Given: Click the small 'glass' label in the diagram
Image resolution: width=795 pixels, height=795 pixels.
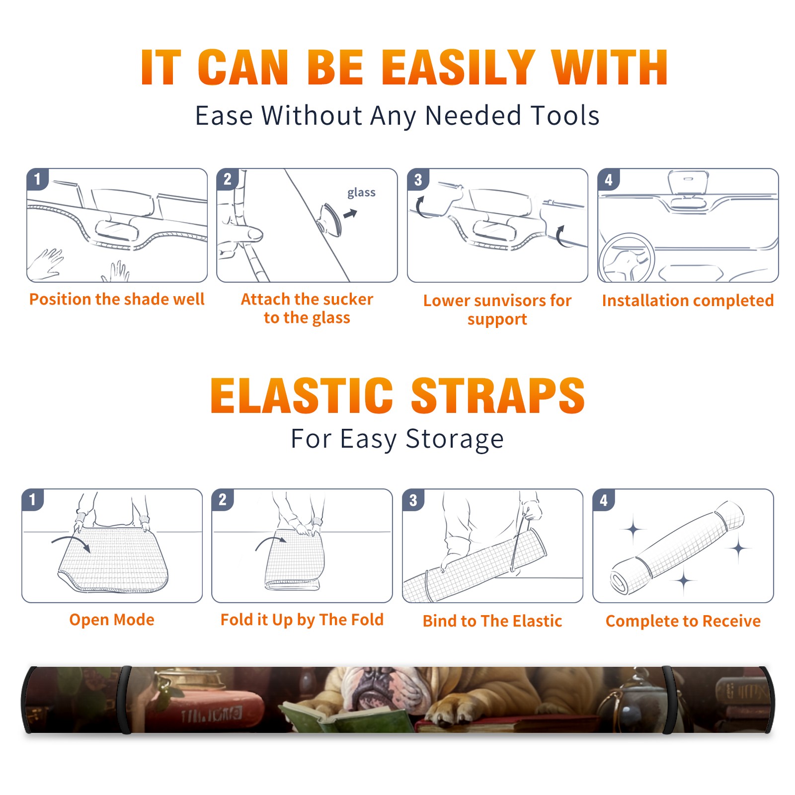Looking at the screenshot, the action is click(x=361, y=193).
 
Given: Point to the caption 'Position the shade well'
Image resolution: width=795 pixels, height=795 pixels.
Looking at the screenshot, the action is click(x=117, y=299).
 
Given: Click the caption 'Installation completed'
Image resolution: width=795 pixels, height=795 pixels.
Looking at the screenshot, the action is click(x=688, y=301).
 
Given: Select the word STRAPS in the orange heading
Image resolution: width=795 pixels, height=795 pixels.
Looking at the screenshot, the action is click(x=498, y=396).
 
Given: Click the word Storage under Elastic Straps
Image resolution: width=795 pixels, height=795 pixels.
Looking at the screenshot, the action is click(x=455, y=439).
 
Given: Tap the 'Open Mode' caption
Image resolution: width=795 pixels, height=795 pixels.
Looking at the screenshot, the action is click(x=112, y=620).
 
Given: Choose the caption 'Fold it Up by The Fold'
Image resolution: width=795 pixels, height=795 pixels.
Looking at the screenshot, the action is click(x=302, y=620).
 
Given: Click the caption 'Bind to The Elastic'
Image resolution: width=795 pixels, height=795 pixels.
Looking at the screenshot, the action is click(x=492, y=621).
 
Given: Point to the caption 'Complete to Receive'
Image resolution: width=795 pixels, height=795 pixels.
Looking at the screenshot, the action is click(x=683, y=621).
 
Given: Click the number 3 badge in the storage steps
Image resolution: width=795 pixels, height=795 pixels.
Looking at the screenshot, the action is click(x=413, y=500).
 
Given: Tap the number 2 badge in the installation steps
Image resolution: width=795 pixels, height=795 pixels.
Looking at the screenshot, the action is click(x=228, y=179).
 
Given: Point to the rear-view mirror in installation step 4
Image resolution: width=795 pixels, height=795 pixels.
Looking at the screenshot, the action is click(x=688, y=183).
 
